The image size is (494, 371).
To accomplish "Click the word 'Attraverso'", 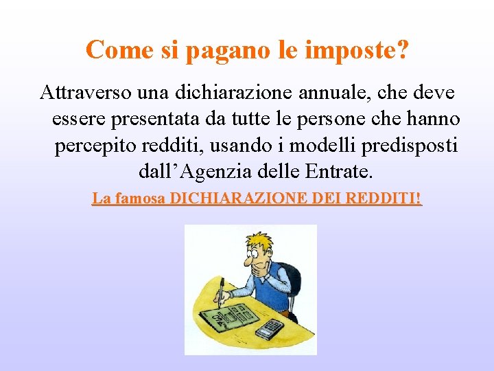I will click(x=83, y=92).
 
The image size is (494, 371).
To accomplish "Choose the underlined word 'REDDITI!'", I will click(x=384, y=199).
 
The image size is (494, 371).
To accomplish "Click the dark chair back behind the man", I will click(x=292, y=282).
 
